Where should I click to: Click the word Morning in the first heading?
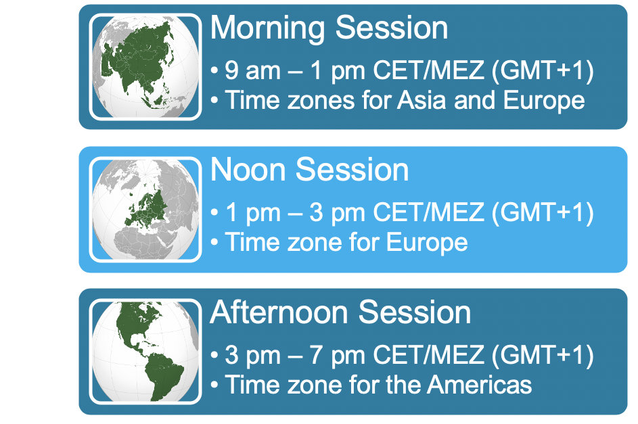click(268, 28)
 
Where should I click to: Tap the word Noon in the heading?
click(248, 170)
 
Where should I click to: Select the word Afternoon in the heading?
click(279, 312)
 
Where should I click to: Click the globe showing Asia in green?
click(145, 67)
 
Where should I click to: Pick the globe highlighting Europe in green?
click(145, 210)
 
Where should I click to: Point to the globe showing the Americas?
click(145, 352)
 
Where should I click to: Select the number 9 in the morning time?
click(231, 70)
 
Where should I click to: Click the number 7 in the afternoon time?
click(316, 355)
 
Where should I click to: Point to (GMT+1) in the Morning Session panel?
click(543, 71)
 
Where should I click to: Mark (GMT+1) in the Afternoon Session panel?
click(543, 356)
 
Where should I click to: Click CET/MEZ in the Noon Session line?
click(429, 212)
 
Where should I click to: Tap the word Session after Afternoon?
click(415, 312)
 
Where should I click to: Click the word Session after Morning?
click(392, 28)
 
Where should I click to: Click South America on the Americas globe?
click(163, 375)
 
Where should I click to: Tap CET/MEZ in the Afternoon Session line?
click(429, 355)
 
